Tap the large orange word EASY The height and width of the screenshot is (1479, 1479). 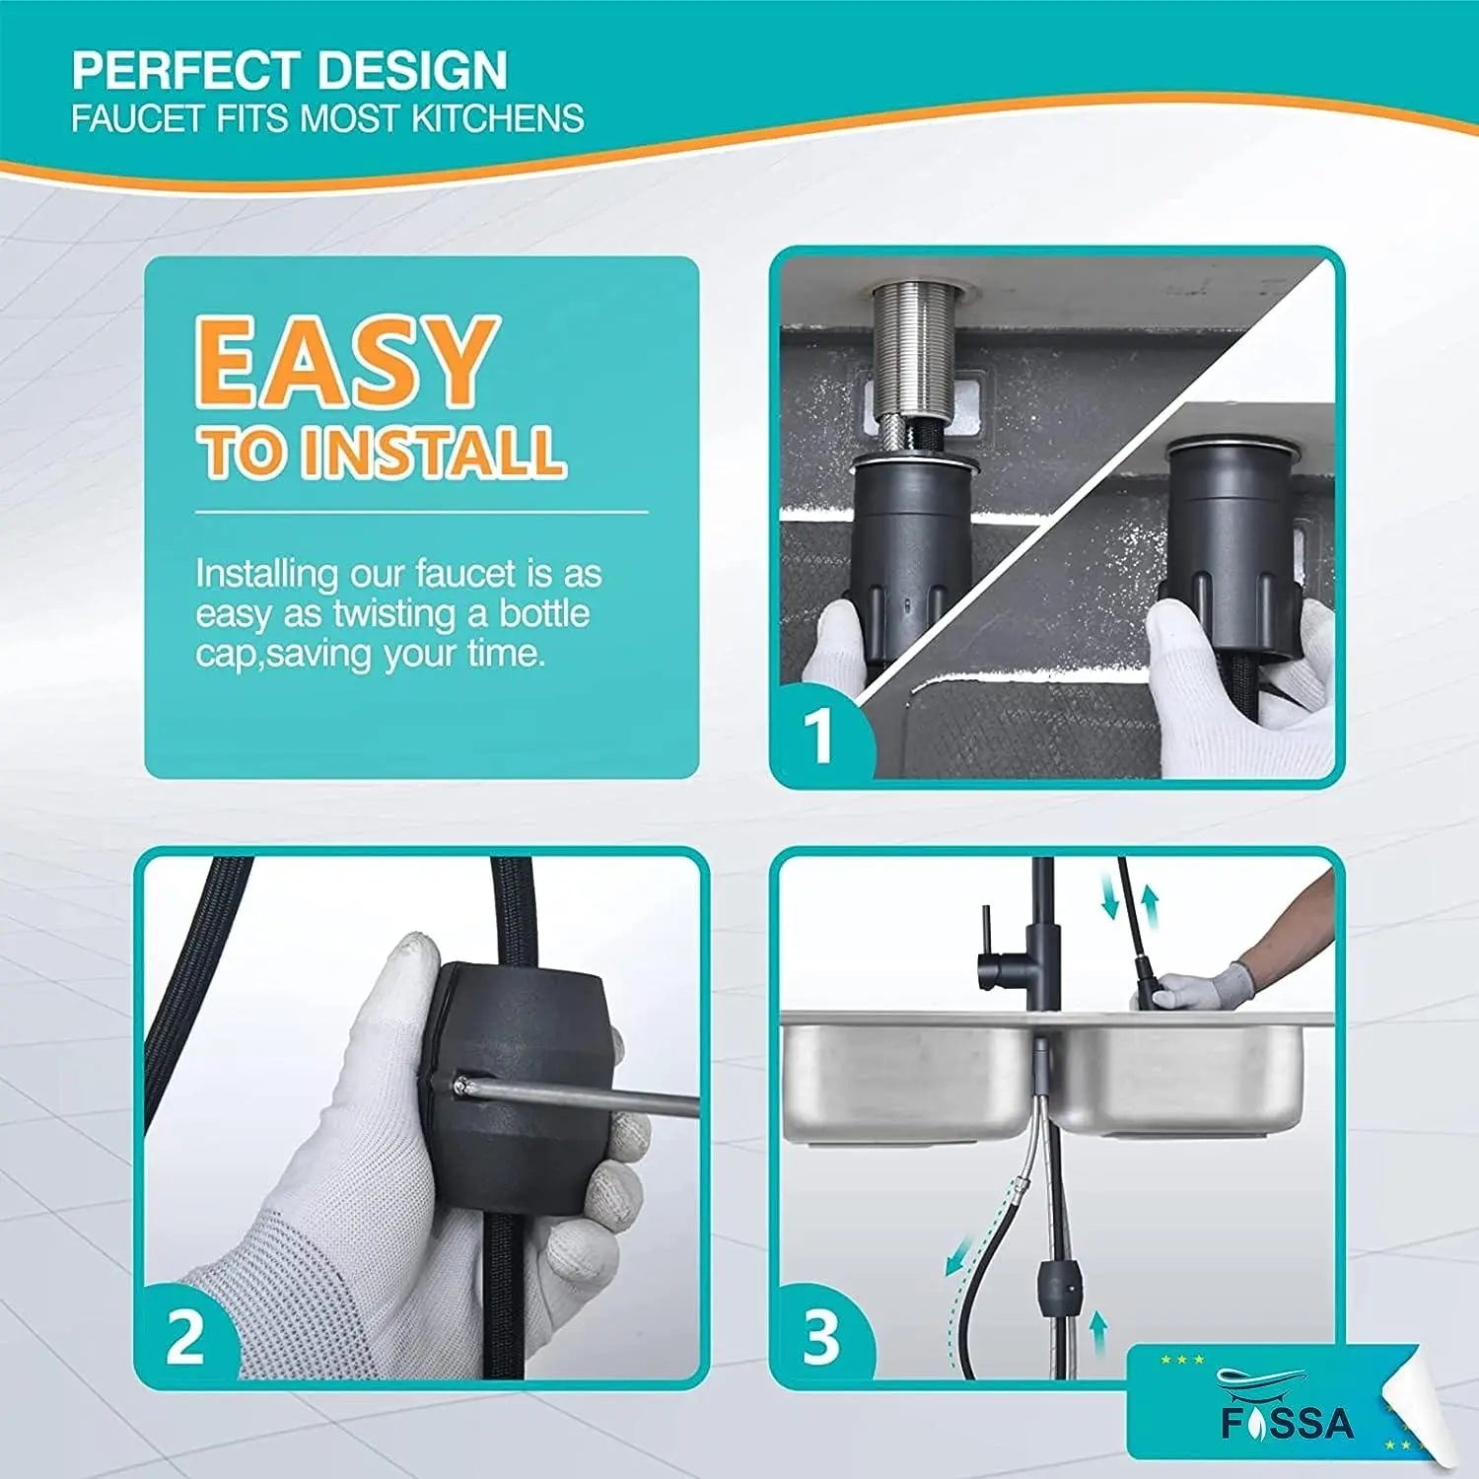pos(346,362)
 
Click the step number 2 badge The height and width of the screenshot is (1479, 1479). pos(185,1336)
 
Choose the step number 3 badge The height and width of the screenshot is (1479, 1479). pos(821,1336)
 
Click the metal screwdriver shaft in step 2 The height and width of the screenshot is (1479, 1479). pos(582,1095)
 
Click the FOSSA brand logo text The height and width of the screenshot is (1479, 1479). pos(1289,1423)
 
